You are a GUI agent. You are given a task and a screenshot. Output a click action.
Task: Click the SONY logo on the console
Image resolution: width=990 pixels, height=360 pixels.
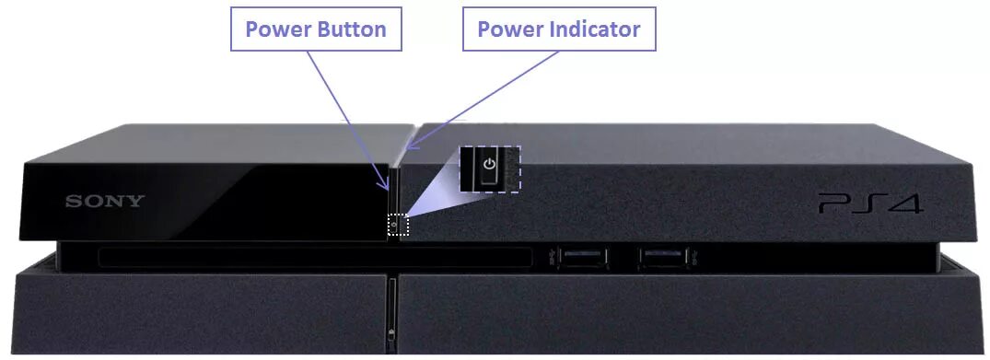(x=104, y=202)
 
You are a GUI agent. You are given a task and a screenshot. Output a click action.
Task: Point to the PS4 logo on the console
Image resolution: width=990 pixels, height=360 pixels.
(x=869, y=203)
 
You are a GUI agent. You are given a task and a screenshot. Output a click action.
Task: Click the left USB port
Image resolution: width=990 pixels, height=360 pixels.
(x=578, y=256)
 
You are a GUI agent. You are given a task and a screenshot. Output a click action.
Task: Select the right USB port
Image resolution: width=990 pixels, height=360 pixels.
(x=662, y=256)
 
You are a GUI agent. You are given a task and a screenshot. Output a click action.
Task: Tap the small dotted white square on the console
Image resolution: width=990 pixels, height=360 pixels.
(x=397, y=225)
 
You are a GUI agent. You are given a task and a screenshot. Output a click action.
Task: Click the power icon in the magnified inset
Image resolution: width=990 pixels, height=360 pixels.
(x=489, y=166)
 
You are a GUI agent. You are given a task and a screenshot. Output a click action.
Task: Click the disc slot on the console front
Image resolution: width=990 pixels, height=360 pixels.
(x=313, y=256)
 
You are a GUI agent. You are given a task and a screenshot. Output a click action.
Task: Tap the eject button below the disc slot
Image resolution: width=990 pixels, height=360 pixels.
(x=392, y=332)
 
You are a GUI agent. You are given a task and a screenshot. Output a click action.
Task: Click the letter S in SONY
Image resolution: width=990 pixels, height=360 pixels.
(x=71, y=202)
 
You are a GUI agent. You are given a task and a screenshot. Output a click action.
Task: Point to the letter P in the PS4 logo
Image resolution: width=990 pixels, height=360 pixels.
(x=833, y=203)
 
